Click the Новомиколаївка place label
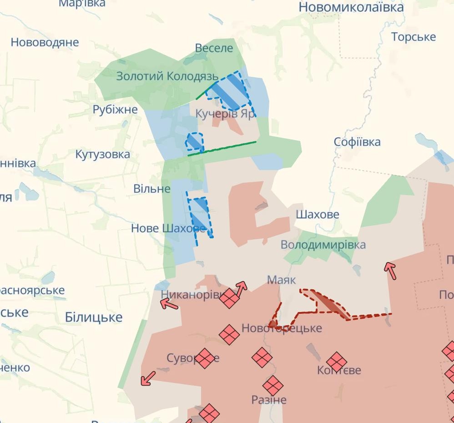pos(351,7)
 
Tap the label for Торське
pos(414,37)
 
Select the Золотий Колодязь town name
pos(167,76)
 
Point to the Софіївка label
pos(357,142)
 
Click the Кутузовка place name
pos(103,154)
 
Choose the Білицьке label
pos(94,317)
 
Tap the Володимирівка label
pos(323,245)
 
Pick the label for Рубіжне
pos(115,110)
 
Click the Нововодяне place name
pos(45,42)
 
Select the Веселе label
pos(214,48)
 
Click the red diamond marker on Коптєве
pos(337,362)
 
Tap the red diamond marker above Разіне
pos(272,386)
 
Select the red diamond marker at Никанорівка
pos(229,298)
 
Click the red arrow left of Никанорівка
pos(169,304)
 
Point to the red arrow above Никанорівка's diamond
pos(241,287)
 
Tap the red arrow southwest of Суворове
pos(148,378)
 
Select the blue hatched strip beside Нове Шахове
pos(200,216)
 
